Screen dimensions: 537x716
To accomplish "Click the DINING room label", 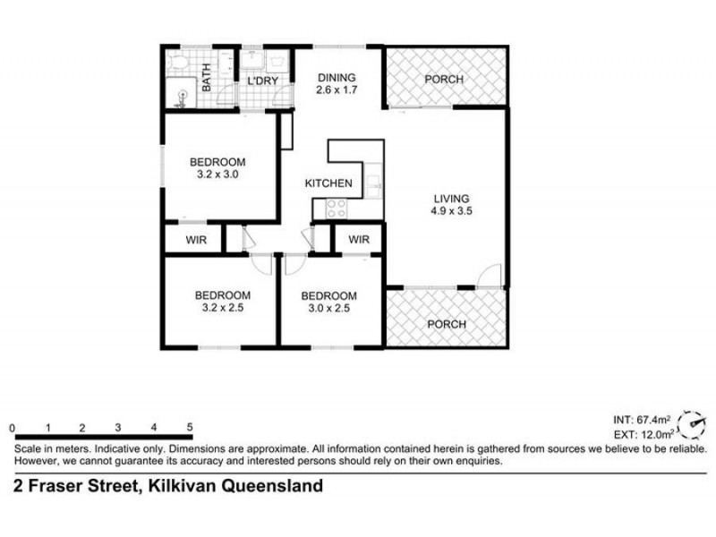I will (x=337, y=77).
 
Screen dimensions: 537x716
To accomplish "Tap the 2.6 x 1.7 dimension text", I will (x=337, y=89).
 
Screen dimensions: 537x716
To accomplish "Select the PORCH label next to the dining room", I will (x=444, y=80).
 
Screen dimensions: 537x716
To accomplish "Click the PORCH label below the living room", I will (x=446, y=324).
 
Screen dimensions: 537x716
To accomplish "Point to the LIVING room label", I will (x=451, y=199).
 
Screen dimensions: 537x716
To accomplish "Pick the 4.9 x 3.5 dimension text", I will (x=451, y=212).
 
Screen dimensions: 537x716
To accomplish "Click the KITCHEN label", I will (x=328, y=183).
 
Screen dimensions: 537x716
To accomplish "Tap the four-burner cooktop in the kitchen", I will (x=337, y=209).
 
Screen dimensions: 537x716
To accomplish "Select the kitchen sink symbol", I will (x=372, y=185).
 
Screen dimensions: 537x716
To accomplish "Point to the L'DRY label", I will (x=262, y=82).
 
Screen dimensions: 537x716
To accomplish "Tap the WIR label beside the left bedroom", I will (x=196, y=240).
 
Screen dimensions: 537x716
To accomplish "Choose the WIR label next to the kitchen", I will (x=359, y=240).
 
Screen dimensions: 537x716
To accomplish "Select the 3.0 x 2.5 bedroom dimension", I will (x=328, y=308).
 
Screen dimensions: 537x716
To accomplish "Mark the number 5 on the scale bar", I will (x=191, y=428).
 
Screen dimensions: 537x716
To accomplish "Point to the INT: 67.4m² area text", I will (x=641, y=419).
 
